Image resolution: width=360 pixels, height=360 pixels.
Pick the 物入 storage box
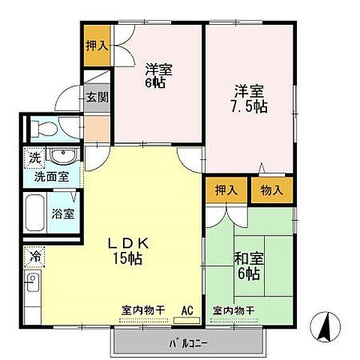tap(271, 190)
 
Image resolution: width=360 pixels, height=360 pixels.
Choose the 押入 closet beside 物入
tap(226, 190)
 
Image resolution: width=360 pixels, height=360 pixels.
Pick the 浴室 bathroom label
tap(63, 213)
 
